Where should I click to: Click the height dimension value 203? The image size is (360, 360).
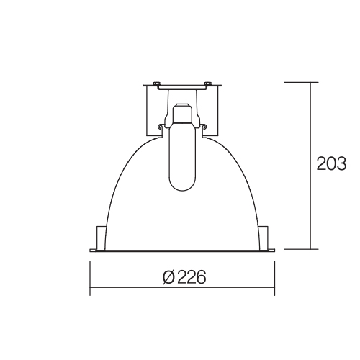click(x=331, y=164)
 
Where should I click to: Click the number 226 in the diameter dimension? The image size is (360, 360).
click(x=192, y=277)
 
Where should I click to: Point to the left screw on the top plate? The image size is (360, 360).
click(x=156, y=84)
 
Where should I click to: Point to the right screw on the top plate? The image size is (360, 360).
click(x=207, y=84)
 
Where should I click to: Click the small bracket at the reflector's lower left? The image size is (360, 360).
click(x=101, y=238)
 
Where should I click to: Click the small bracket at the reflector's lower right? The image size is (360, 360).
click(x=264, y=238)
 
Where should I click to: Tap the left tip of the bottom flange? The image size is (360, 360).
click(x=91, y=251)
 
